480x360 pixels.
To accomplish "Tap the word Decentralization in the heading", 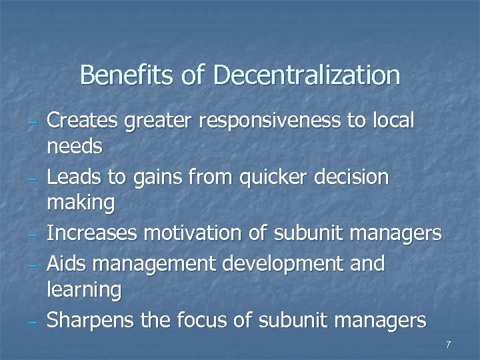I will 307,75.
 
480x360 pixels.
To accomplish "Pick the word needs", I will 75,146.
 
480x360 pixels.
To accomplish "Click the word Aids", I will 65,264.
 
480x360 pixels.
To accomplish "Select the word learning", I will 84,290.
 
